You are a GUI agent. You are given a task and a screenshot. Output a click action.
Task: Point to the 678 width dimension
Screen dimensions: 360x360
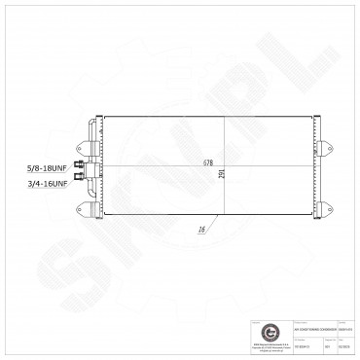(x=209, y=162)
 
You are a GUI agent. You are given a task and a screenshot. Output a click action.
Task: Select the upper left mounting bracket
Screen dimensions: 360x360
(x=92, y=128)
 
